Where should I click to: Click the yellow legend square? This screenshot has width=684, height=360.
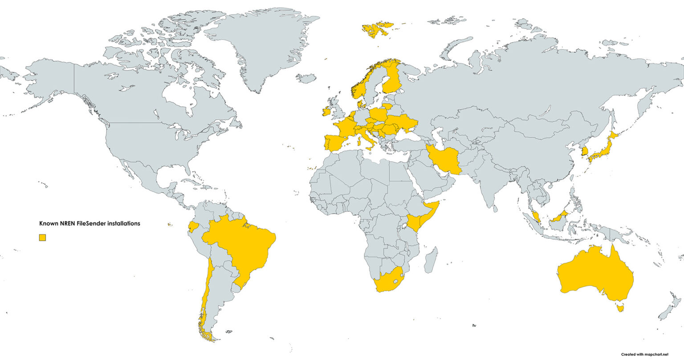pyautogui.click(x=42, y=238)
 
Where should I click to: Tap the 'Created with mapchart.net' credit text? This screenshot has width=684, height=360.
pyautogui.click(x=645, y=354)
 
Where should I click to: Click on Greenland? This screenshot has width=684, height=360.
pyautogui.click(x=263, y=44)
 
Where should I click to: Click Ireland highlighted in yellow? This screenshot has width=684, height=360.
pyautogui.click(x=326, y=111)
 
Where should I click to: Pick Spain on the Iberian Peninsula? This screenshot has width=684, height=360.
pyautogui.click(x=338, y=142)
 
